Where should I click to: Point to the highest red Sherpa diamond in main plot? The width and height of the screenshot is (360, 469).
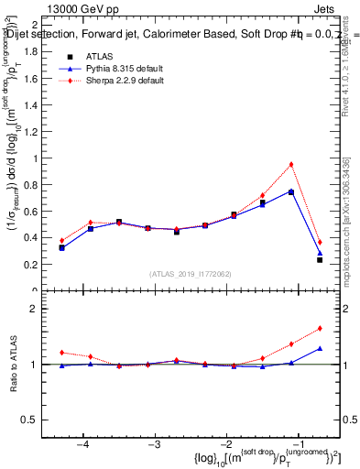click(291, 165)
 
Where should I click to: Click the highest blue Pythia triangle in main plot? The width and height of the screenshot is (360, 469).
click(291, 191)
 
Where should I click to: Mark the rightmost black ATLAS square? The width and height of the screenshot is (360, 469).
click(320, 260)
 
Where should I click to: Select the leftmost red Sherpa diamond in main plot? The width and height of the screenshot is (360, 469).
click(62, 241)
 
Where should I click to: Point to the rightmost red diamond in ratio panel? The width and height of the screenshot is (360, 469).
click(320, 328)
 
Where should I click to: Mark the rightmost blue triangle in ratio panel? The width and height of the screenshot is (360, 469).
click(320, 348)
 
